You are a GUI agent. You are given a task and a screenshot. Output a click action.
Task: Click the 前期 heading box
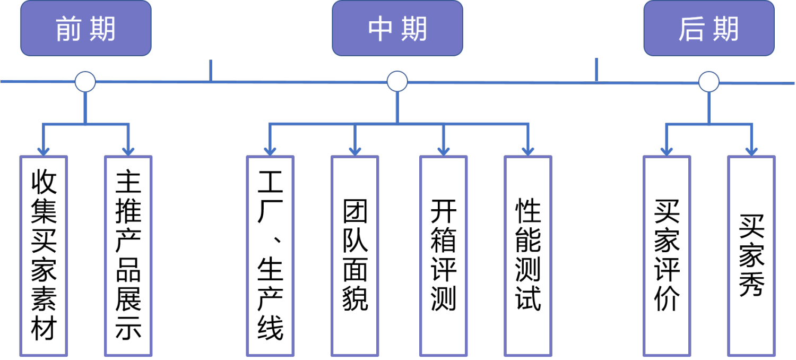85,28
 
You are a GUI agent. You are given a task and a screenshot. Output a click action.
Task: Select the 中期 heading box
397,28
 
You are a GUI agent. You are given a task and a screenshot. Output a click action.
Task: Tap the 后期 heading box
709,28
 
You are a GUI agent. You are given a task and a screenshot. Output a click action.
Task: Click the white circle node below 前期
85,82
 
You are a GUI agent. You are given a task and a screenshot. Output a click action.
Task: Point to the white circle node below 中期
397,81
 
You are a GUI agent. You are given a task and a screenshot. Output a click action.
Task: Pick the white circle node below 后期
708,82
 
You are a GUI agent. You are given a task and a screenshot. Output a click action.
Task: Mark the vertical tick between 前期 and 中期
211,71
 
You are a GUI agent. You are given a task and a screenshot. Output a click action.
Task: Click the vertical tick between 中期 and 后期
596,70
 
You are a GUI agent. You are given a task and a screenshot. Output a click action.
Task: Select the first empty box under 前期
44,255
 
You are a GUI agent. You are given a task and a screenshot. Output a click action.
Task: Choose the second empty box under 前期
128,255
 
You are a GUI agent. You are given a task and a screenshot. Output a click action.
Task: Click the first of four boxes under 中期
270,255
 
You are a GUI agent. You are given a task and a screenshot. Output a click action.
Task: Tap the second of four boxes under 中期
355,255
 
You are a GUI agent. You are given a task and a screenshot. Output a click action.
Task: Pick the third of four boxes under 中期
443,255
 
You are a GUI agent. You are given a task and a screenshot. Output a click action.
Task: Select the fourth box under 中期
528,255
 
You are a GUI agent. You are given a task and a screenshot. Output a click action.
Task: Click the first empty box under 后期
667,255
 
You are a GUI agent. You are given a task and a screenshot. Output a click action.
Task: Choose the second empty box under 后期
751,255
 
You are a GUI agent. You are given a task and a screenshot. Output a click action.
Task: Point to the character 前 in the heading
68,29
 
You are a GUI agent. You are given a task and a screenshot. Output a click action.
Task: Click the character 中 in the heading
380,29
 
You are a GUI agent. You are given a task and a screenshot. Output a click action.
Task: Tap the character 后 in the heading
691,29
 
